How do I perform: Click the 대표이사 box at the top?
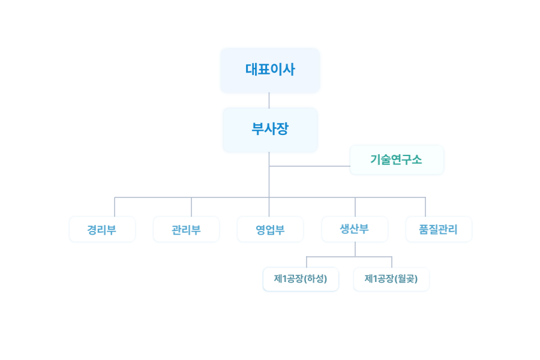tap(270, 71)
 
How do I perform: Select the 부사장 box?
tap(270, 130)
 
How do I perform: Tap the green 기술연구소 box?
tap(397, 160)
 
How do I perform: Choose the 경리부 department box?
tap(102, 229)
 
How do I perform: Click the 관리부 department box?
tap(186, 229)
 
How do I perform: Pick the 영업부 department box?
tap(270, 229)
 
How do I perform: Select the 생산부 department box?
tap(355, 229)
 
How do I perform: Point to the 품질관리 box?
tap(439, 229)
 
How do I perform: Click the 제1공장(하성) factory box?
tap(301, 279)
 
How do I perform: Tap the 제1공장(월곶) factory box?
tap(391, 279)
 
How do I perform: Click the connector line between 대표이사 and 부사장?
tap(269, 100)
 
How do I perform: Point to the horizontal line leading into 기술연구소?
tap(310, 166)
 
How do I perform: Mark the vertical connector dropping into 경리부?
tap(115, 206)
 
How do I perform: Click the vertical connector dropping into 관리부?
tap(191, 206)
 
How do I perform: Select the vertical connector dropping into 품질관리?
tap(425, 206)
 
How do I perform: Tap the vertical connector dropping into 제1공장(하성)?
tap(307, 262)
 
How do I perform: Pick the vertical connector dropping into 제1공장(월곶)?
tap(392, 262)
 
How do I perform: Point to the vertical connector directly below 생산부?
tap(355, 249)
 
